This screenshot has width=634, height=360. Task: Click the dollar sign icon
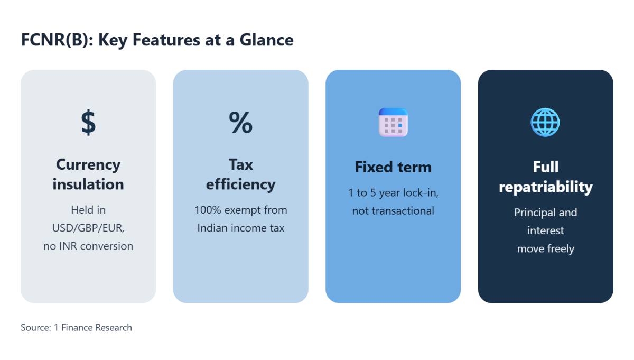(x=88, y=122)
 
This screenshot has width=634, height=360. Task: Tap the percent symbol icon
(x=240, y=122)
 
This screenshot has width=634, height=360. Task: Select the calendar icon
(x=393, y=122)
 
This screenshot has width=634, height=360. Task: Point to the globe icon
(x=545, y=122)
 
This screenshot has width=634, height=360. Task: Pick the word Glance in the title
(x=267, y=40)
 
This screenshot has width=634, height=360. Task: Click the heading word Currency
(x=88, y=165)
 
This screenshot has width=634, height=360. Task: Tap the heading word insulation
(x=88, y=184)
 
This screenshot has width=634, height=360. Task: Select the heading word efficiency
(x=240, y=184)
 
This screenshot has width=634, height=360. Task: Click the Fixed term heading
(x=393, y=167)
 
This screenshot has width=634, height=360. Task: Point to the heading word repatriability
(x=546, y=187)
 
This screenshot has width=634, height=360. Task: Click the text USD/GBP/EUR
(x=88, y=228)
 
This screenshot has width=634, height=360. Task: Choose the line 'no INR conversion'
(x=88, y=246)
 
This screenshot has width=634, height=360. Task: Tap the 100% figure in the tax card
(x=208, y=210)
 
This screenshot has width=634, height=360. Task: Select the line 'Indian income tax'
(x=240, y=228)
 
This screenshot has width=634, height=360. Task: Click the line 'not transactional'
(x=393, y=211)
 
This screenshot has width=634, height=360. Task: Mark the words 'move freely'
(x=546, y=248)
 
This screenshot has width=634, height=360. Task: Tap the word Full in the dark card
(x=546, y=167)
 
